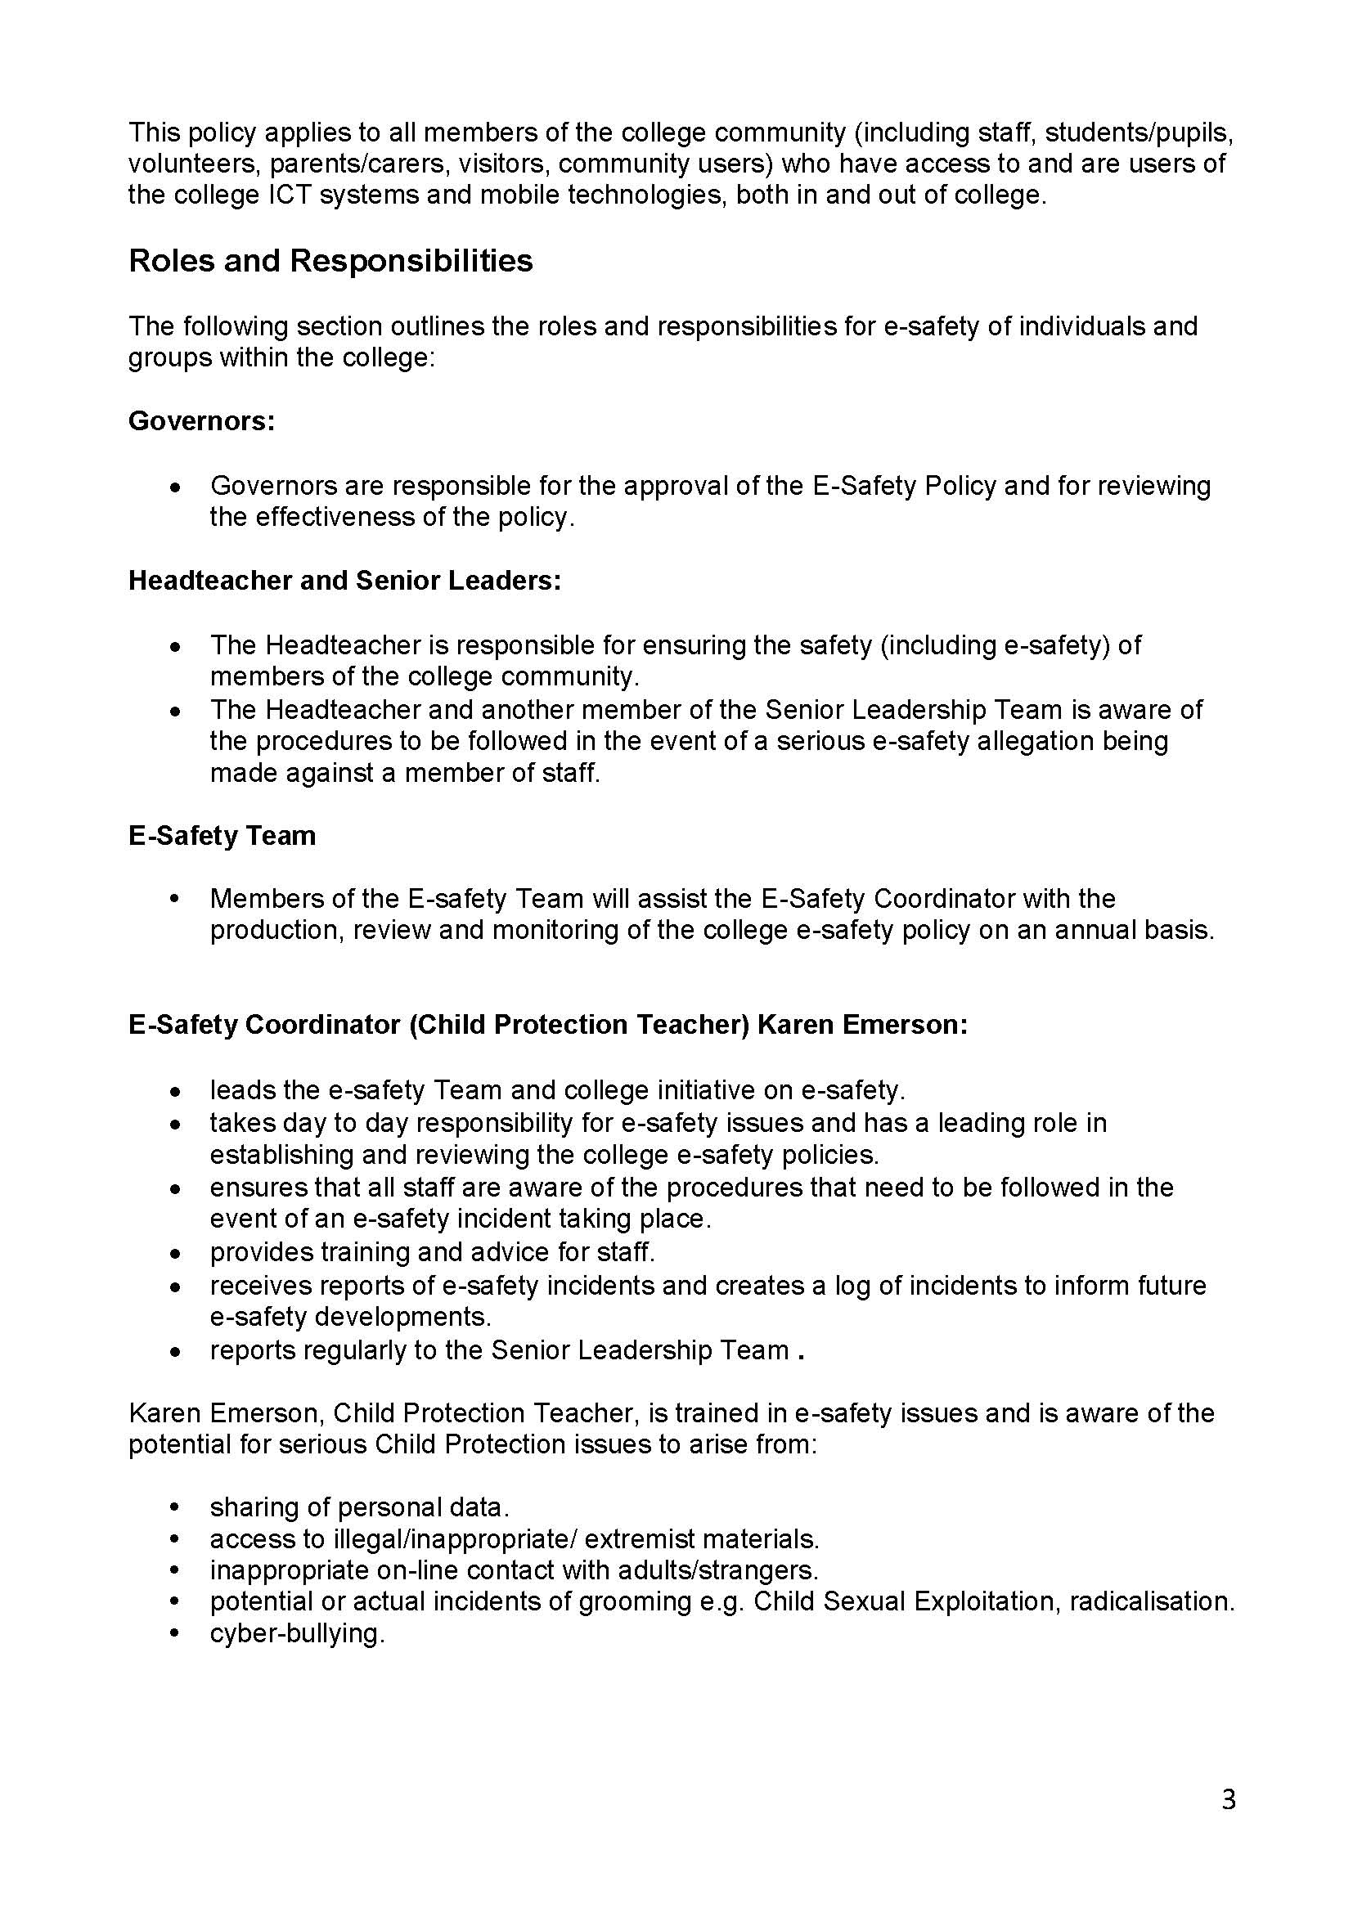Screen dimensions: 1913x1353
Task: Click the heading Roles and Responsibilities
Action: click(x=330, y=262)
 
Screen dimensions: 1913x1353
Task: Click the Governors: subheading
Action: click(x=201, y=421)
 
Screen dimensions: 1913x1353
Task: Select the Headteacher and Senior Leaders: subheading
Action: click(x=344, y=581)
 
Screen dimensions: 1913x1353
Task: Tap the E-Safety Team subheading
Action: click(x=222, y=836)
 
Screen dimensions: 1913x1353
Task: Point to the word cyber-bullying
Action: click(x=297, y=1633)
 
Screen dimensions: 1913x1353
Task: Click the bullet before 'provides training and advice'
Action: click(x=174, y=1253)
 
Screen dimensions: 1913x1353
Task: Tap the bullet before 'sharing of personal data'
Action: click(x=174, y=1507)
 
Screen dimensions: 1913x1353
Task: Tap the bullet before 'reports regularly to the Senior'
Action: click(x=174, y=1350)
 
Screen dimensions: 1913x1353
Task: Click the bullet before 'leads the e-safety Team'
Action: click(x=174, y=1091)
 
